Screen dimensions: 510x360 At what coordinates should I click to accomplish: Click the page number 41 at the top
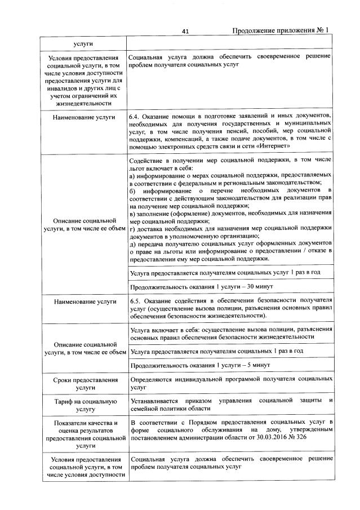click(185, 31)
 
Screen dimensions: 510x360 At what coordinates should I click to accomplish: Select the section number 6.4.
click(135, 116)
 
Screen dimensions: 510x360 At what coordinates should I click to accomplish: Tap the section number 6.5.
click(135, 301)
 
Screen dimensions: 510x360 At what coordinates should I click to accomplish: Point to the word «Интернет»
click(272, 146)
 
